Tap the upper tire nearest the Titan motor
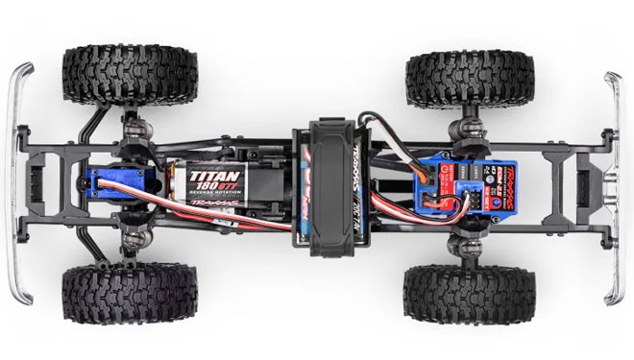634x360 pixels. pos(130,71)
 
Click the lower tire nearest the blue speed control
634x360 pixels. pos(470,293)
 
